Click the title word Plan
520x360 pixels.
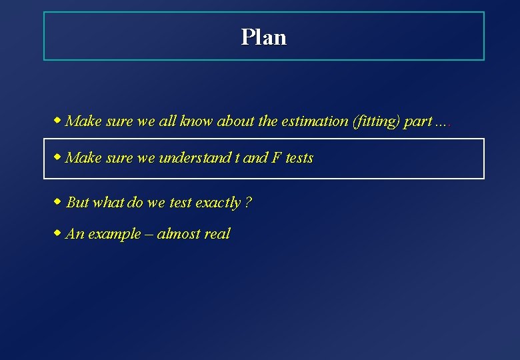click(263, 37)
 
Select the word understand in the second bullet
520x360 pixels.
click(195, 158)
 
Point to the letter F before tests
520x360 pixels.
click(275, 158)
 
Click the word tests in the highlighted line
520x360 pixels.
click(299, 158)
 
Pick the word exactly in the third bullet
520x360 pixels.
click(218, 202)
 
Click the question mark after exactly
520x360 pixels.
click(248, 202)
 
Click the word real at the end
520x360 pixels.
click(217, 233)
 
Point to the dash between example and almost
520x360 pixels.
click(149, 234)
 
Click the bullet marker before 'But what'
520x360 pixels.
click(58, 201)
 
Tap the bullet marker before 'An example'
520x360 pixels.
click(58, 233)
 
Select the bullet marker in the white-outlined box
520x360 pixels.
click(58, 157)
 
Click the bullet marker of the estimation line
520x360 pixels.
click(58, 121)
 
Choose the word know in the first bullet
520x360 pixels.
click(195, 121)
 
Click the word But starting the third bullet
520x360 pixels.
click(78, 202)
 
